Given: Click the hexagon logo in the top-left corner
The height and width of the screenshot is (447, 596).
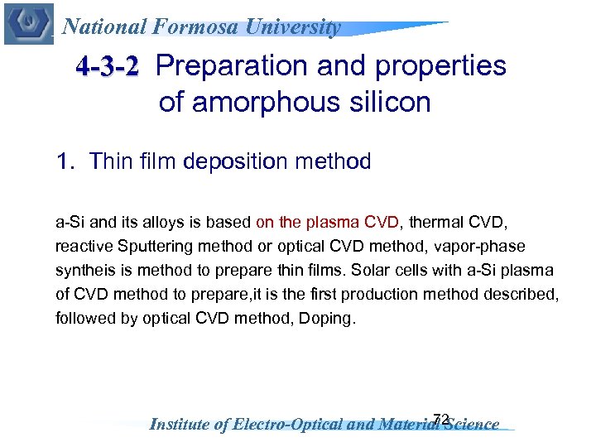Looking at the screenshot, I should (28, 23).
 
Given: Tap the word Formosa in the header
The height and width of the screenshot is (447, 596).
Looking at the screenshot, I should (194, 26).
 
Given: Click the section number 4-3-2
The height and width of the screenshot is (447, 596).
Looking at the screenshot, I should (107, 65).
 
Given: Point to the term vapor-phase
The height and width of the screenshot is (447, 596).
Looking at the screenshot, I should (486, 246).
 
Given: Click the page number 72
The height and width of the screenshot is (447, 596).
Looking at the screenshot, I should (440, 419).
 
